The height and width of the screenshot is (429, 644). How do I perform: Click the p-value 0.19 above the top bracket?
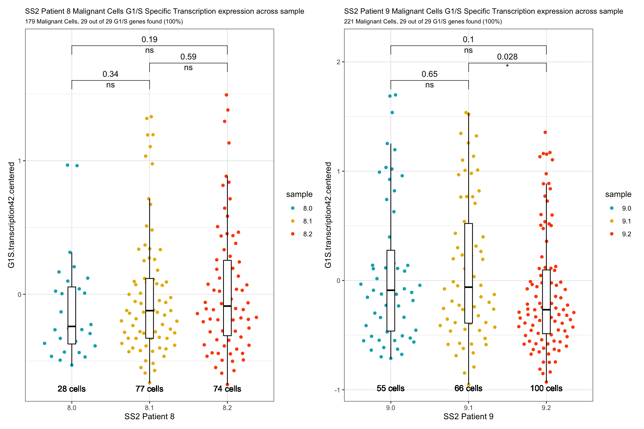click(149, 39)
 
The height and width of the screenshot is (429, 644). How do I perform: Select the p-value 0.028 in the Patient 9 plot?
click(507, 57)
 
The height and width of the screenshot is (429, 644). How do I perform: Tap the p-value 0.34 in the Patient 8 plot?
click(110, 74)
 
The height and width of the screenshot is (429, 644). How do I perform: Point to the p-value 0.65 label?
click(429, 74)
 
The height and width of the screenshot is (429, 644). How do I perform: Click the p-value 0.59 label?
click(188, 57)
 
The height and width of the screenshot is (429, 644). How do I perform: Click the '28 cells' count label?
click(72, 389)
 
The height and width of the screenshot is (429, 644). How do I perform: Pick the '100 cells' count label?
click(546, 388)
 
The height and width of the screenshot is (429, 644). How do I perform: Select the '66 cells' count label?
click(468, 388)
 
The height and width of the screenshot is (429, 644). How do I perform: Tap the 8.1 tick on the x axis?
click(149, 408)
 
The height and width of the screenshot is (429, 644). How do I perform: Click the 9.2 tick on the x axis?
click(546, 408)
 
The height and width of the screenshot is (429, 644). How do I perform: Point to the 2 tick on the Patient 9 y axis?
click(338, 62)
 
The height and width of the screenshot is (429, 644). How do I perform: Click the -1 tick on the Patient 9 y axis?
click(337, 390)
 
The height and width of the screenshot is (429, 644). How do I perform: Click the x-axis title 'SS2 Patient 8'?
click(149, 416)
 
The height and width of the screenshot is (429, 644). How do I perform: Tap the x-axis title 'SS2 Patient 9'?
click(468, 416)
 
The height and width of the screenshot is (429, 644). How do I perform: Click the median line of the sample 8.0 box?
click(72, 326)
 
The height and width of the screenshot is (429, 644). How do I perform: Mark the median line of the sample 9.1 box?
click(468, 287)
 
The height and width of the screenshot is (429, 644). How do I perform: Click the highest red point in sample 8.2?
click(226, 95)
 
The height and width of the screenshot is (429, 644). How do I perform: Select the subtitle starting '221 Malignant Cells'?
click(423, 22)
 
